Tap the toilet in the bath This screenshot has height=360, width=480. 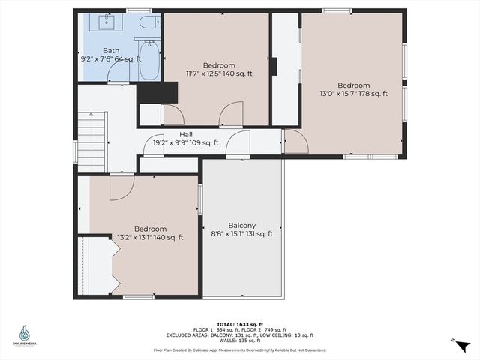[x=148, y=23]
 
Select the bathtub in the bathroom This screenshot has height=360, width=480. [x=147, y=61]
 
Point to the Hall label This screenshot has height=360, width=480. [x=185, y=134]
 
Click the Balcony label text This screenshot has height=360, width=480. [x=242, y=225]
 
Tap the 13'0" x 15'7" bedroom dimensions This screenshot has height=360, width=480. [x=352, y=94]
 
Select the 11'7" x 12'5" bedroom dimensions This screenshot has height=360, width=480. [x=219, y=73]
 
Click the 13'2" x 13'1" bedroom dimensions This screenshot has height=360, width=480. [x=150, y=237]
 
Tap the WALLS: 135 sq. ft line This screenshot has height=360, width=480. [x=240, y=341]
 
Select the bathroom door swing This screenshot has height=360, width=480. [x=118, y=72]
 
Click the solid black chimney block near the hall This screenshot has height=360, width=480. [x=157, y=92]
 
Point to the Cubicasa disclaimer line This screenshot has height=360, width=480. [x=240, y=349]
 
